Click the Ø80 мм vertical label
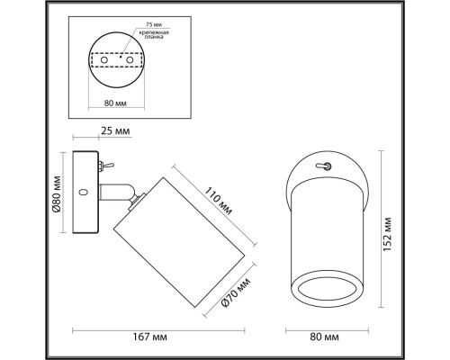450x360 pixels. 56,193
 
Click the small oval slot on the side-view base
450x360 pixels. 83,193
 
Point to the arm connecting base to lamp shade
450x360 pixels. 115,191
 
